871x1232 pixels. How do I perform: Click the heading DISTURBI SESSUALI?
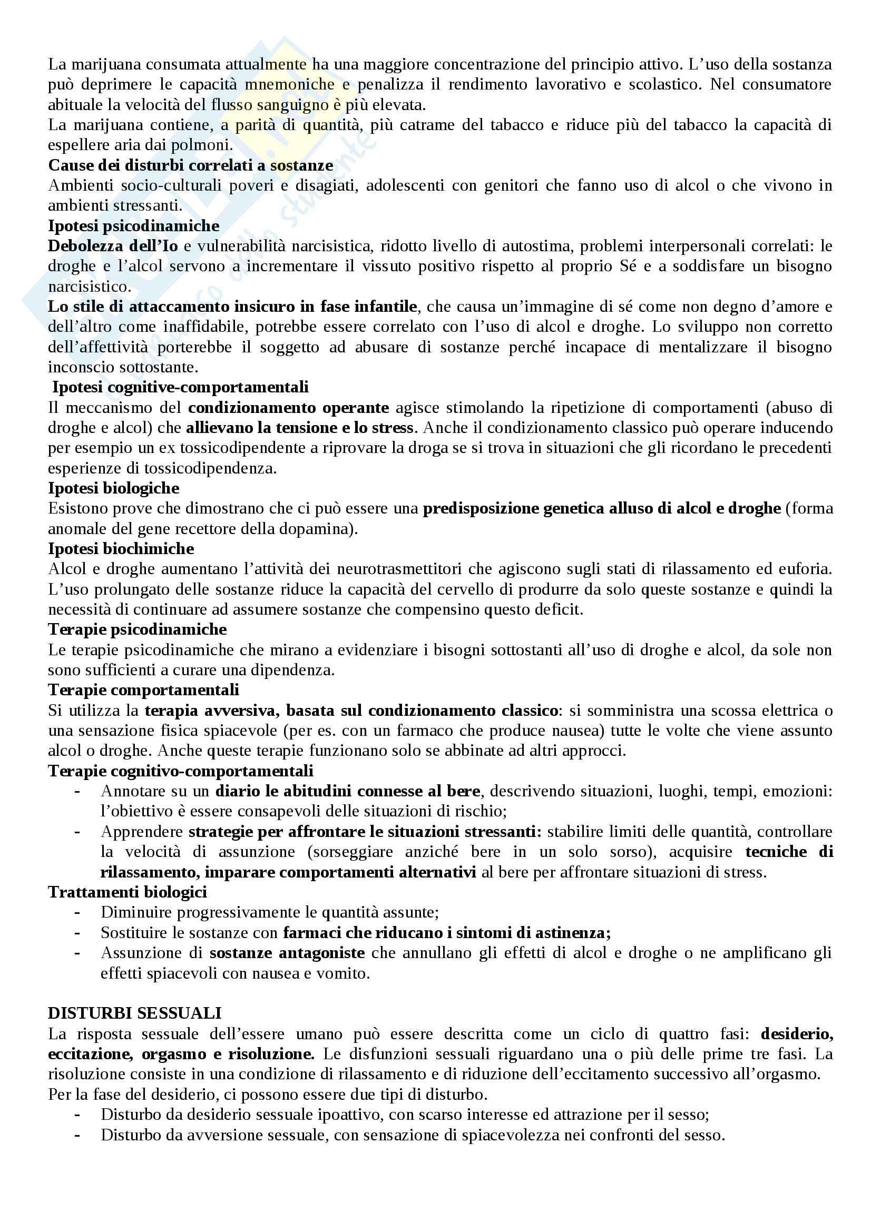(x=135, y=1013)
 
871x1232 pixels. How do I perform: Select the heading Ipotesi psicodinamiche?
(x=134, y=225)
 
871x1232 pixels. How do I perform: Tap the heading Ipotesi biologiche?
(x=114, y=488)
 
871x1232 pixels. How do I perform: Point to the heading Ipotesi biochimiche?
(x=121, y=548)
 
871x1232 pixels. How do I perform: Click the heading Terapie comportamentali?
(x=143, y=689)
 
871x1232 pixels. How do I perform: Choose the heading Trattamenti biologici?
(x=128, y=892)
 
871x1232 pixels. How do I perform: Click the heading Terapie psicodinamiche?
(x=138, y=629)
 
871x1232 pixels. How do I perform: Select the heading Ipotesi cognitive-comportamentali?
(x=180, y=387)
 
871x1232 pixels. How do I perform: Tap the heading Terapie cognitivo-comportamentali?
(x=181, y=771)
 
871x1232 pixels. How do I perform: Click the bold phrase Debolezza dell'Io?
(x=113, y=246)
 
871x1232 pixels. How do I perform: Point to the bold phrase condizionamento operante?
(x=288, y=407)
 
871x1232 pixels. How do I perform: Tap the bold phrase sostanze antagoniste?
(x=287, y=952)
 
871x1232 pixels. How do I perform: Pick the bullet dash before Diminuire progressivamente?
(x=78, y=912)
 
